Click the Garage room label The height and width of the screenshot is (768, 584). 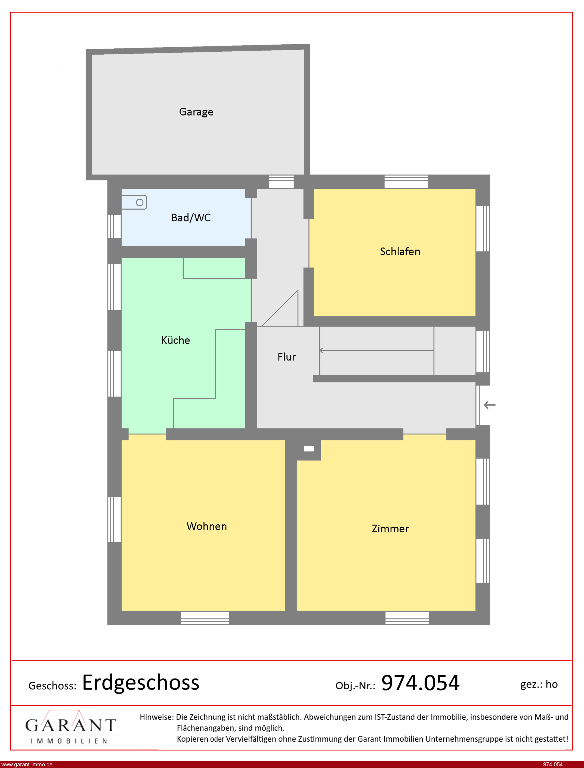196,112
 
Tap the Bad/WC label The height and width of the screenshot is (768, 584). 191,217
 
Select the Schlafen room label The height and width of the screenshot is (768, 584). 400,251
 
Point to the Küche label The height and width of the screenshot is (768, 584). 175,340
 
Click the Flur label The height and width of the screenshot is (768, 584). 286,357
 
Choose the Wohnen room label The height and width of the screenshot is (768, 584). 207,526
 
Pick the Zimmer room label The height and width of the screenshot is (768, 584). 390,529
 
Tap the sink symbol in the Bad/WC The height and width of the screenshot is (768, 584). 134,202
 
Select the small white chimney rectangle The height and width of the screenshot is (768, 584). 309,449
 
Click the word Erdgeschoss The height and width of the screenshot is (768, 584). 141,683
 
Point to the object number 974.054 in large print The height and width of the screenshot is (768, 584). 421,683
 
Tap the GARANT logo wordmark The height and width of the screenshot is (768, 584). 70,725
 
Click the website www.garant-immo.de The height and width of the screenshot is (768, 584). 27,764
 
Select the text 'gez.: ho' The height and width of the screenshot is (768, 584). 539,684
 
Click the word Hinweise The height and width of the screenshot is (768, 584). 156,717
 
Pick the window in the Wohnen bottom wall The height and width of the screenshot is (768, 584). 205,618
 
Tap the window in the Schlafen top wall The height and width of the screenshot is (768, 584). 406,182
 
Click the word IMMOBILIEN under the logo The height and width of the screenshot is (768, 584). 69,741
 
